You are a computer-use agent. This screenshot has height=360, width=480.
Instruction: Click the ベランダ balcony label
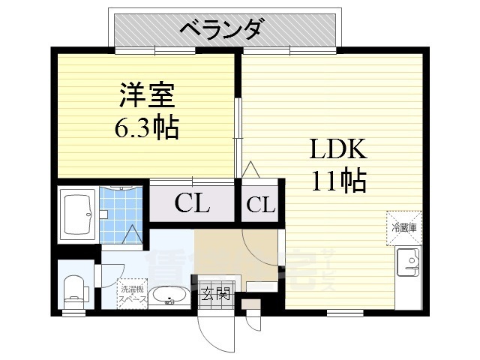pos(221,29)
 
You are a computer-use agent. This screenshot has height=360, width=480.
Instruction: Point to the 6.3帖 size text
pos(146,128)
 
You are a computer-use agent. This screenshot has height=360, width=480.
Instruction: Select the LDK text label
pos(338,149)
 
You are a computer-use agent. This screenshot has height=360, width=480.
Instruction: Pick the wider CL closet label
pos(192,202)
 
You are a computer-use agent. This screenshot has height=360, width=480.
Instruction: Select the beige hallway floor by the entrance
pos(225,251)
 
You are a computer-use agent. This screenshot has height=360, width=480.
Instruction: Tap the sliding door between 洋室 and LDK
pos(238,135)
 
